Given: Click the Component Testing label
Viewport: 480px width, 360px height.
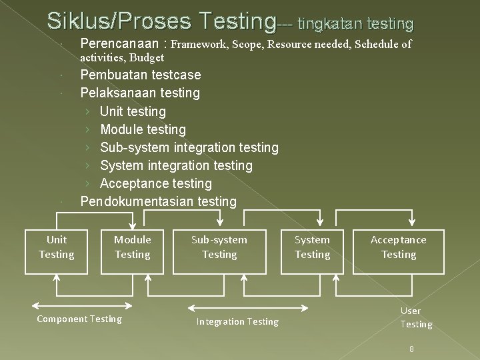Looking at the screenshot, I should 79,319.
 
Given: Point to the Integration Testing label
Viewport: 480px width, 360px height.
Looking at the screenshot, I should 237,322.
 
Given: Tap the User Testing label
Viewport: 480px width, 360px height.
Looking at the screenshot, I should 416,317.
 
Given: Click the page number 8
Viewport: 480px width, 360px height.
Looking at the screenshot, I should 412,349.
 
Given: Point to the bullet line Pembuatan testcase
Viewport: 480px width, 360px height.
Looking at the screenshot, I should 140,75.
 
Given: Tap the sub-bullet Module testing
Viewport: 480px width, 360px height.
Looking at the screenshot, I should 143,129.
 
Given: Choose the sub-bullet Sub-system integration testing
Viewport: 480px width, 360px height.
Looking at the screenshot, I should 189,147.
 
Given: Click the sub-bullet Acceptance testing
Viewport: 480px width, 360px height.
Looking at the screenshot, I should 155,183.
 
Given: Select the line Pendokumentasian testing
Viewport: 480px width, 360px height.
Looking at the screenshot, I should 158,201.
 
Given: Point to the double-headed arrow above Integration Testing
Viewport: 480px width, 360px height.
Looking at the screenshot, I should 248,308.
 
